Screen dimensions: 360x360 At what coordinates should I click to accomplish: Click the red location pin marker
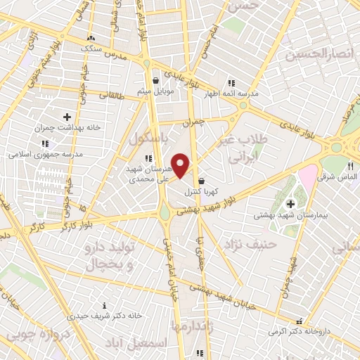pos(181,166)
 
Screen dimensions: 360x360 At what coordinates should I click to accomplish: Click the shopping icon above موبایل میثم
pos(155,81)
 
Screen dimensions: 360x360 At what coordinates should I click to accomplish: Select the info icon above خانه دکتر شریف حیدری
pos(105,305)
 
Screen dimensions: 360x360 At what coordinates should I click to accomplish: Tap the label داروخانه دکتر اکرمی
pos(301,328)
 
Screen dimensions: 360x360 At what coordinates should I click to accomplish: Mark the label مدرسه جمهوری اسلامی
pos(46,153)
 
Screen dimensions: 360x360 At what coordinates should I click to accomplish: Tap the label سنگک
pos(91,49)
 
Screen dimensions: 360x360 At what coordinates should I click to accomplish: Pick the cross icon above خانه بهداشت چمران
pos(67,117)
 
